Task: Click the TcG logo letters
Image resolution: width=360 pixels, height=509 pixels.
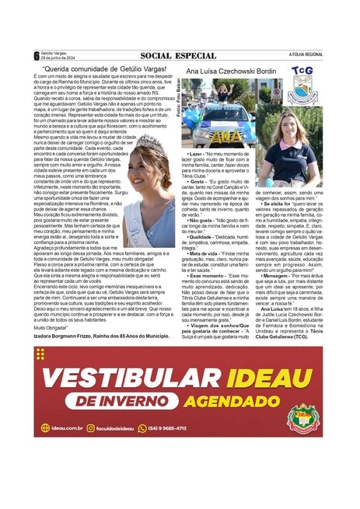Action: (302, 71)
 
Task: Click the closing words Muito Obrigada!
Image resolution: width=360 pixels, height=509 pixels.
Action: (51, 329)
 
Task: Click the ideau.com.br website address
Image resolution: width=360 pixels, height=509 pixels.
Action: (63, 428)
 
